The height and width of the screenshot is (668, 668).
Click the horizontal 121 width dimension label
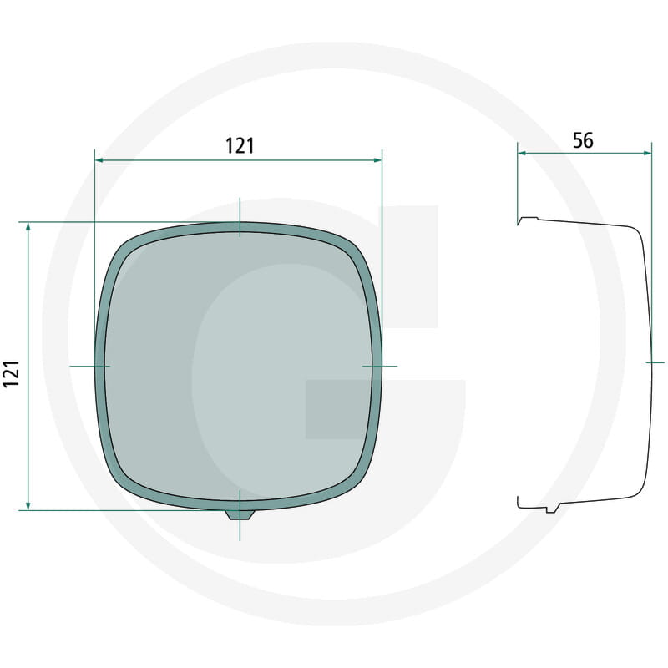click(x=240, y=146)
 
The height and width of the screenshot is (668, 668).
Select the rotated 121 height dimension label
click(x=12, y=373)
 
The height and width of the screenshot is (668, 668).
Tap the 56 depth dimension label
click(x=583, y=140)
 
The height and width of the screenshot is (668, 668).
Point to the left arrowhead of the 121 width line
click(x=99, y=160)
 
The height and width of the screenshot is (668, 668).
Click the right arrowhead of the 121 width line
click(x=377, y=160)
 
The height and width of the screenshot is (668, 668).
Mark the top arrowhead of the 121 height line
click(x=28, y=227)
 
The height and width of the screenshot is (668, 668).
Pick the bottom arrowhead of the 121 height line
click(x=28, y=505)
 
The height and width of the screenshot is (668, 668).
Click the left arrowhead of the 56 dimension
click(x=523, y=153)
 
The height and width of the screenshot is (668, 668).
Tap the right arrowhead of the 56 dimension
click(x=647, y=153)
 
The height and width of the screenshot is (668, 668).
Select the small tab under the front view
click(x=240, y=515)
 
